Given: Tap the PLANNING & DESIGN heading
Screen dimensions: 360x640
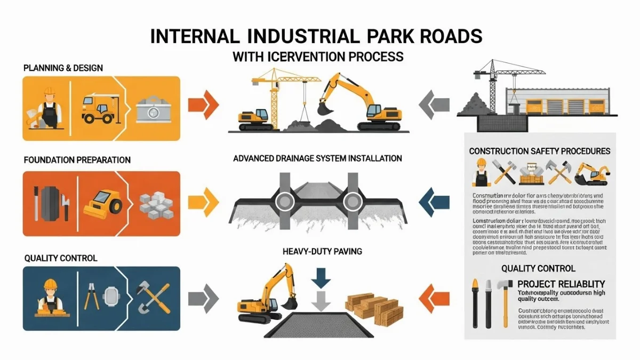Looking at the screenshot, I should (x=63, y=68).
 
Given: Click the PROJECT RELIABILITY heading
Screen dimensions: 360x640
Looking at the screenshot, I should (x=561, y=284).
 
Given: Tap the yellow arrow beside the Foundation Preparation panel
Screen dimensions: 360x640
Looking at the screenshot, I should (x=204, y=203).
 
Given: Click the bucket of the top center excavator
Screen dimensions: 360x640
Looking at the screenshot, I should (x=324, y=108).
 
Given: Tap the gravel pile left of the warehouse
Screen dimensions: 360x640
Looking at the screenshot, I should (x=473, y=104).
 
